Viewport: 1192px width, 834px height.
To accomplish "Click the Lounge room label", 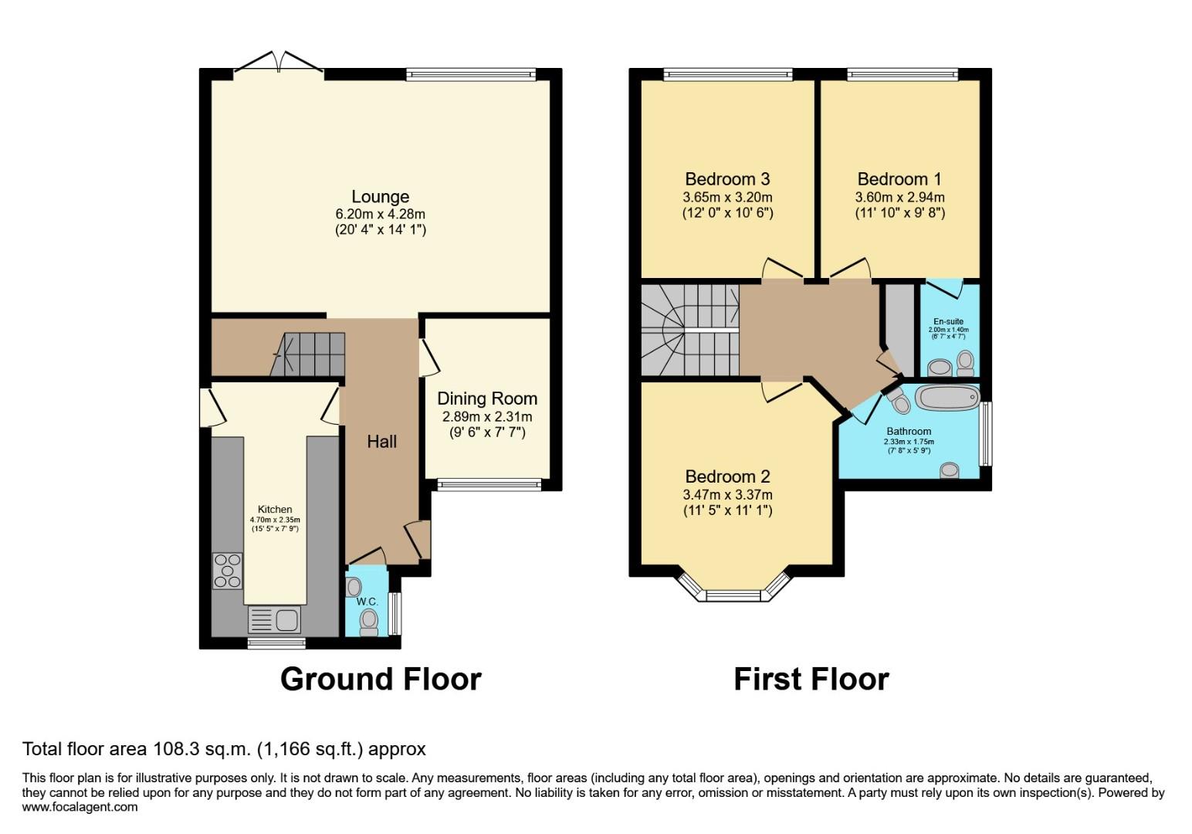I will click(x=380, y=197).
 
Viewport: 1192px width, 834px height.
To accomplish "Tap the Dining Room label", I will click(x=487, y=398).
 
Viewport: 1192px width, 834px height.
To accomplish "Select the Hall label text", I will click(x=381, y=441).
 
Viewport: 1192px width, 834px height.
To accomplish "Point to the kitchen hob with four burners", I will click(x=227, y=571).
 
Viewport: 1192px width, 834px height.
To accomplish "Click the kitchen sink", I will click(x=274, y=619).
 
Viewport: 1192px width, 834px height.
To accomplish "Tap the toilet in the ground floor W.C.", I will click(x=369, y=620).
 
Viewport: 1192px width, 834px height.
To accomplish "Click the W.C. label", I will click(x=367, y=602).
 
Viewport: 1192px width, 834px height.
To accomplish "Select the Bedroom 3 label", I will click(x=727, y=179).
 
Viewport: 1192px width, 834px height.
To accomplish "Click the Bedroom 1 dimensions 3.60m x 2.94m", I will click(x=899, y=197).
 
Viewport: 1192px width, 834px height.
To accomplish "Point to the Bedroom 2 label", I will click(x=727, y=476).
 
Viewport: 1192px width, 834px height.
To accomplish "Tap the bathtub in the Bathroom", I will click(x=947, y=398).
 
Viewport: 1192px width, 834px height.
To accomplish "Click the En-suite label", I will click(x=948, y=321).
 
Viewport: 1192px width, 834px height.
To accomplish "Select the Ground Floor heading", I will click(x=381, y=679).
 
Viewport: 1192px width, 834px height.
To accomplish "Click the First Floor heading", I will click(x=811, y=679).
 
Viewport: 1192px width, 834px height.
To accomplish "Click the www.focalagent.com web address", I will click(x=80, y=807).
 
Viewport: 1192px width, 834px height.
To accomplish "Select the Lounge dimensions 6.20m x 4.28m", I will click(x=380, y=214).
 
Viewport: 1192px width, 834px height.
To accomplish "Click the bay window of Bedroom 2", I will click(x=734, y=595).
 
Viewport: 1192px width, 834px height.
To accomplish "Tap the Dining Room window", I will click(x=489, y=484).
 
